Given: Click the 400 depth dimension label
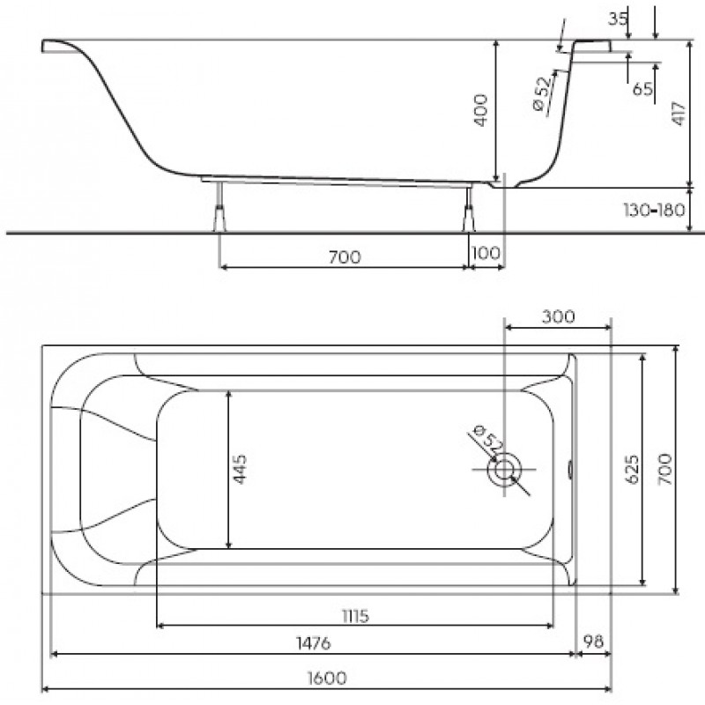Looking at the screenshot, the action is [x=480, y=111].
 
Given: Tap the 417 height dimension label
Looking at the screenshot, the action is [x=679, y=114].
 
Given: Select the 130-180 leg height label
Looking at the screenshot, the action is [x=653, y=210].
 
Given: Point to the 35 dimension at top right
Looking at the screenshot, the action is [x=618, y=19].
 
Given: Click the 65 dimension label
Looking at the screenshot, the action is [x=642, y=89].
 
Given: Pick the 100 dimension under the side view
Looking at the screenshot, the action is [x=486, y=253].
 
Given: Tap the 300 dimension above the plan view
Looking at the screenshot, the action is [x=558, y=316].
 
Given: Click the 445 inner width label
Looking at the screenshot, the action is [x=240, y=469].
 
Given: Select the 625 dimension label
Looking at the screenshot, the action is [x=632, y=469].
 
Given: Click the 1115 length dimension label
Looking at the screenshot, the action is [x=355, y=615].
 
